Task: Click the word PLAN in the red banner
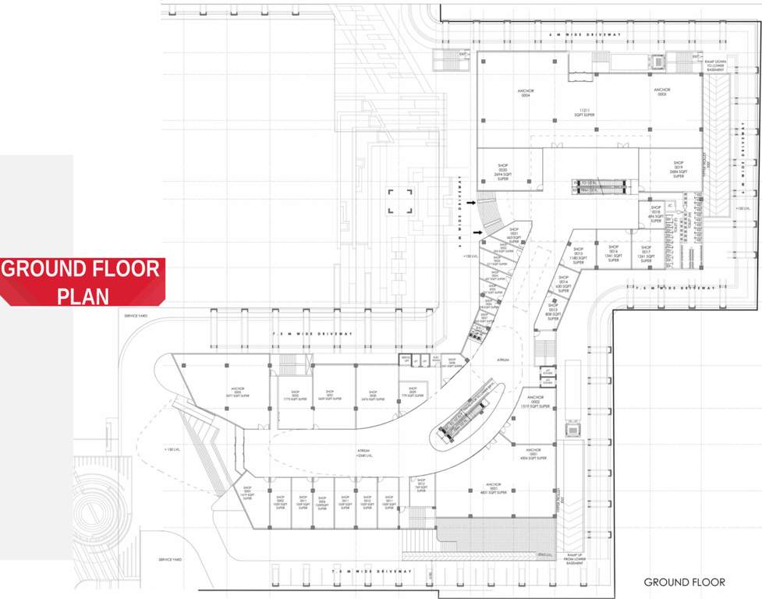[x=83, y=296]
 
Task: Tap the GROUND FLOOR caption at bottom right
[x=684, y=582]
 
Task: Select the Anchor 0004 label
[x=525, y=94]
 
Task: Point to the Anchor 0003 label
[x=661, y=94]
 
